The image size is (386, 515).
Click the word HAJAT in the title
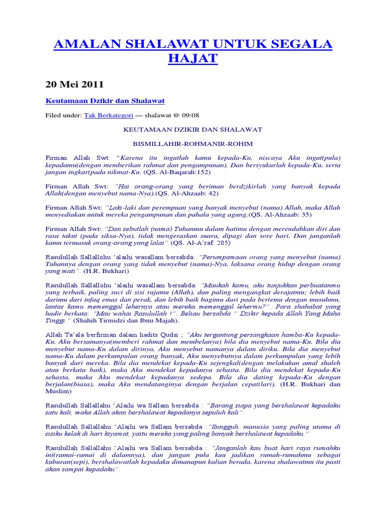pyautogui.click(x=193, y=58)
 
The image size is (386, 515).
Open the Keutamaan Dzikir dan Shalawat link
pyautogui.click(x=105, y=101)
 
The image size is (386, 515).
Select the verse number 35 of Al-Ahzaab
pyautogui.click(x=306, y=215)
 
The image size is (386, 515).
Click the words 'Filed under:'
pyautogui.click(x=63, y=115)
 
